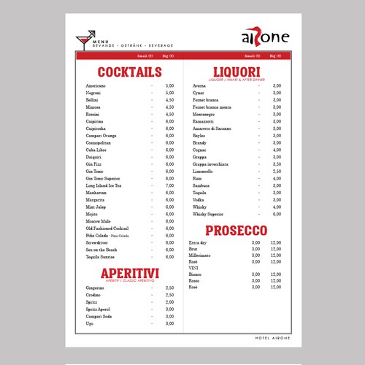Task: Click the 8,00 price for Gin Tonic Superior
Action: [169, 178]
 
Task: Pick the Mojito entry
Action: [91, 214]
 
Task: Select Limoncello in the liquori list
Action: [204, 171]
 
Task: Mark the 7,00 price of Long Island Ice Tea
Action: [169, 185]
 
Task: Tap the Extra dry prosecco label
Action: [198, 242]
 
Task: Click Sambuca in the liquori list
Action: [201, 185]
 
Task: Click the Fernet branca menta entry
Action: [211, 107]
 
